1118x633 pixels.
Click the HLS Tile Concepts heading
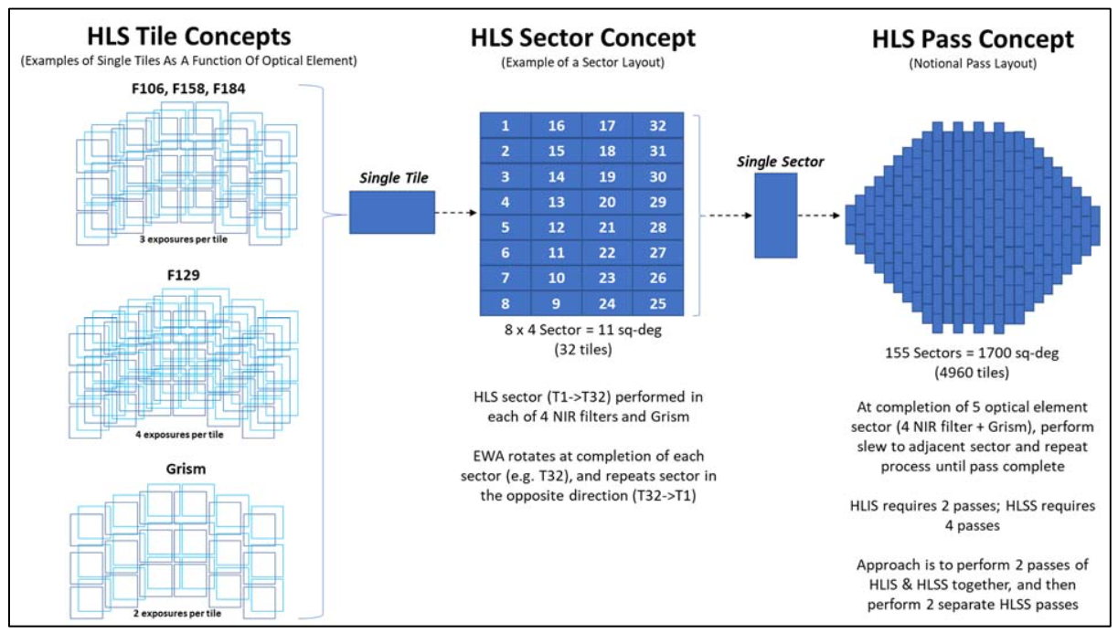(188, 37)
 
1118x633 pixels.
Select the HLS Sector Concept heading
(582, 37)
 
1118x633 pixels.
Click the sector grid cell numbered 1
(506, 123)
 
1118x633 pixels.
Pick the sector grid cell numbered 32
(658, 123)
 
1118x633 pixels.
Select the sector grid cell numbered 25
(658, 301)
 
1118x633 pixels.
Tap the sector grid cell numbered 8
(506, 301)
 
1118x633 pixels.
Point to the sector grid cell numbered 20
(607, 200)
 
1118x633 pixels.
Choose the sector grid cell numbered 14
(556, 174)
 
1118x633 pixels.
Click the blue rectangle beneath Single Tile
(392, 212)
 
